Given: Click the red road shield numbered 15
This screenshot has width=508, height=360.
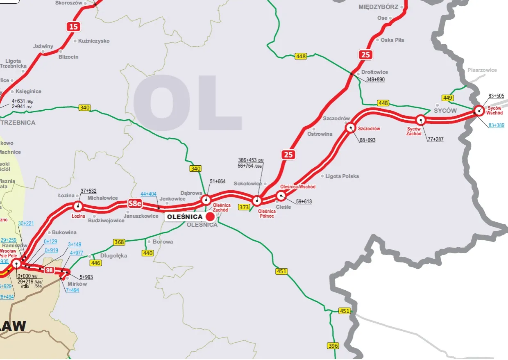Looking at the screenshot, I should [x=73, y=27].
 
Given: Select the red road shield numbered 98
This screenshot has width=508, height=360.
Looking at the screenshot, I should [x=49, y=270].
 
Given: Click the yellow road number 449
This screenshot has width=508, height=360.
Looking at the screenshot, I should [x=447, y=98].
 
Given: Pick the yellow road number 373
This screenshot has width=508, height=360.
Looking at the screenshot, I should [x=244, y=207].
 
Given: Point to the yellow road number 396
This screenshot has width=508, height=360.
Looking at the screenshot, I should [x=333, y=346].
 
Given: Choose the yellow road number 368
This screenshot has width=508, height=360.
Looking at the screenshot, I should [x=119, y=242].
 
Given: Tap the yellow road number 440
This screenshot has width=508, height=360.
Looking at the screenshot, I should [x=147, y=253].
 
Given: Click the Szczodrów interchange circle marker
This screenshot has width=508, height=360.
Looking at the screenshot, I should [x=351, y=128].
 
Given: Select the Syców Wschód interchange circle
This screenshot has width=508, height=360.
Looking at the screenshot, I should [x=479, y=110].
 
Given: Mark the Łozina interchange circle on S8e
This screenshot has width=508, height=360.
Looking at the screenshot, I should [x=77, y=206].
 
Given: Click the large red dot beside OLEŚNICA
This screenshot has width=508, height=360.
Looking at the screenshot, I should [x=210, y=216].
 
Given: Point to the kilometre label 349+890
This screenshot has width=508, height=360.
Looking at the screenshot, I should [x=375, y=80].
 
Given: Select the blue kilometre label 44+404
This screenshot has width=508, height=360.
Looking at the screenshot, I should [x=148, y=194].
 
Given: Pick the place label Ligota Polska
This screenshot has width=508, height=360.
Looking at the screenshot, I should [x=342, y=176].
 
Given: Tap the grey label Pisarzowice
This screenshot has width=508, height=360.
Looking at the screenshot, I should [x=482, y=70].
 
